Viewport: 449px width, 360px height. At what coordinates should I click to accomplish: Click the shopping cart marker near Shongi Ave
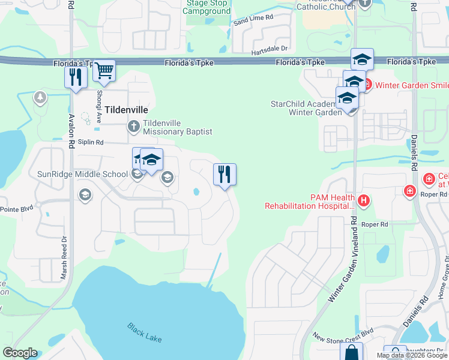click(x=104, y=71)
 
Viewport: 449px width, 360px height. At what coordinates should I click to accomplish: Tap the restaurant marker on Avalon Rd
click(x=76, y=77)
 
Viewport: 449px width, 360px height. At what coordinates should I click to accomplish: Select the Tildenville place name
click(x=126, y=110)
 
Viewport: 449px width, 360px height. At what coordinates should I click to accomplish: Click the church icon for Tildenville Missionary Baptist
click(x=133, y=126)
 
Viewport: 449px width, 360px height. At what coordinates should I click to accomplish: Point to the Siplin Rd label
click(x=91, y=142)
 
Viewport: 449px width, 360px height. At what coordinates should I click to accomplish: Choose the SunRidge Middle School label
click(x=83, y=174)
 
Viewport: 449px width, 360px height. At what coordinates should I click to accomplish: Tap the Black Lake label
click(x=144, y=332)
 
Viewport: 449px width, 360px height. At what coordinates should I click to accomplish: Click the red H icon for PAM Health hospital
click(x=363, y=200)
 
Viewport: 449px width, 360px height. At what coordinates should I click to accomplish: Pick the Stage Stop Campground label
click(x=208, y=7)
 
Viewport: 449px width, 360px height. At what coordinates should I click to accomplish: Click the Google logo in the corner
click(x=20, y=353)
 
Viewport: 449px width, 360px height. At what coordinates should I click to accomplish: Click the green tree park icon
click(x=40, y=97)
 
